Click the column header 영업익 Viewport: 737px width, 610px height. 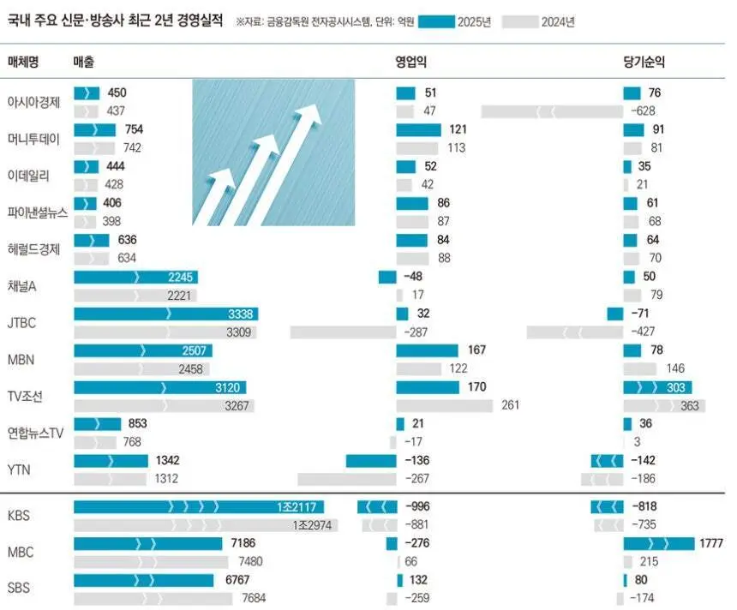click(411, 63)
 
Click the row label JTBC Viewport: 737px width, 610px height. click(21, 323)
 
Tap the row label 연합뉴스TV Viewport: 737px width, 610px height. click(36, 433)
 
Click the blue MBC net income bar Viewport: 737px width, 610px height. click(658, 543)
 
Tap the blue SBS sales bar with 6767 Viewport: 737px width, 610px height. click(143, 580)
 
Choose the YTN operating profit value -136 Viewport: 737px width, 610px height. click(417, 461)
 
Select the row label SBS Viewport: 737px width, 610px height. click(20, 589)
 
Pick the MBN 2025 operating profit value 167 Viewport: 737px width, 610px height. click(477, 350)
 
